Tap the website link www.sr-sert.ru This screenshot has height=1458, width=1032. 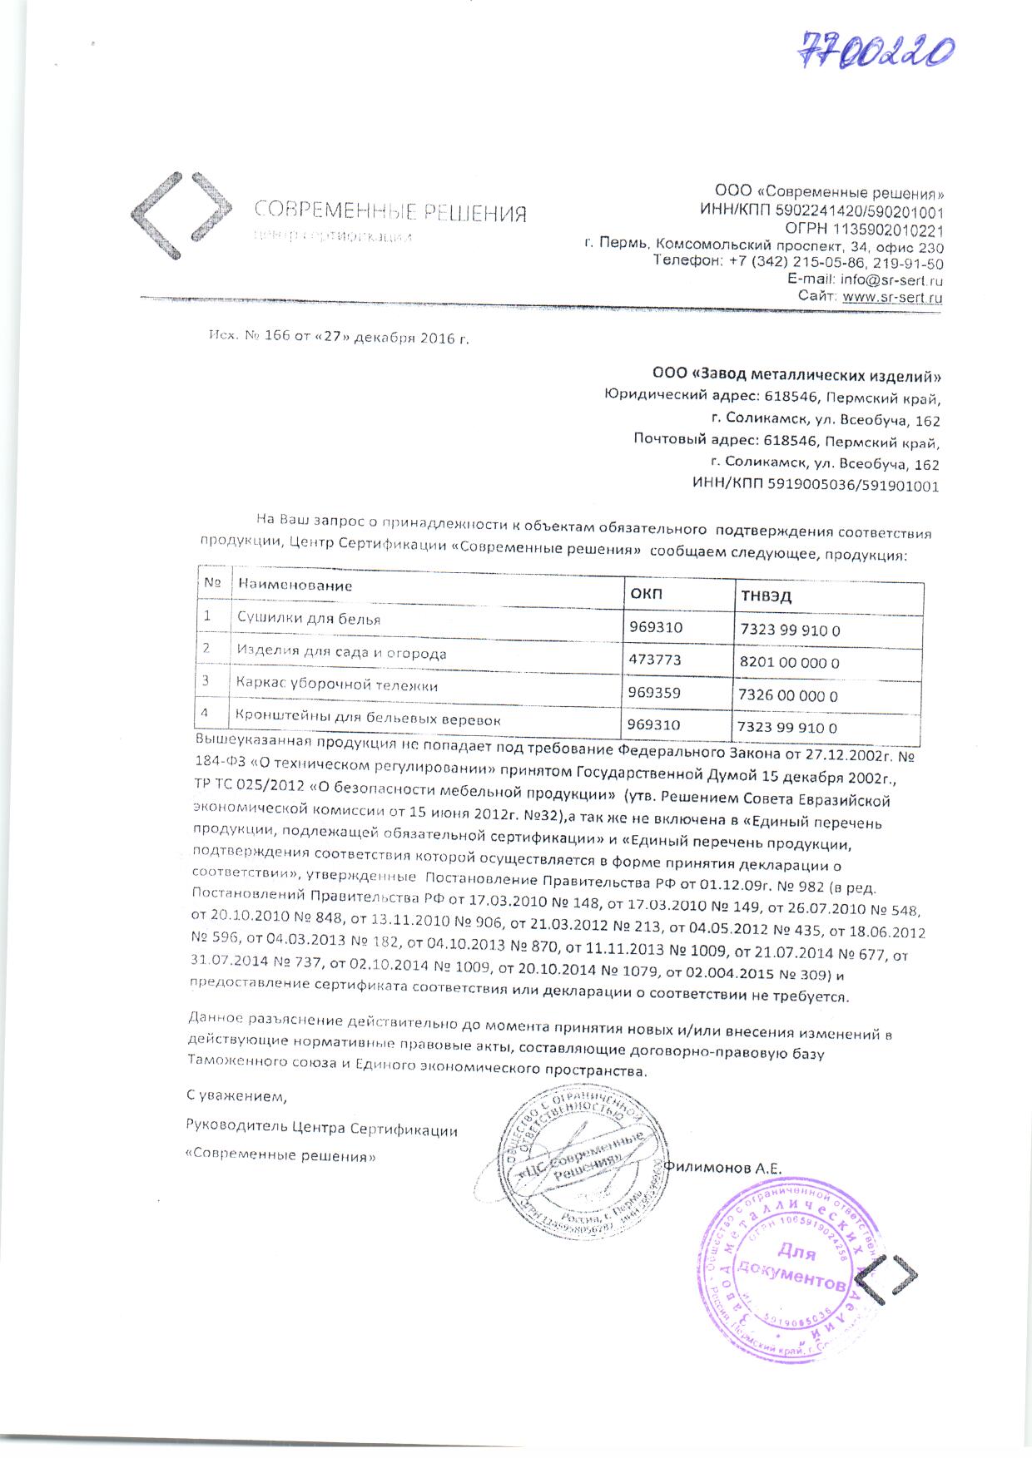(892, 296)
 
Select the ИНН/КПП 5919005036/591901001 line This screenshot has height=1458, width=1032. (816, 487)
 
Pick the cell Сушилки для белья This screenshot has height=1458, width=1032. (309, 618)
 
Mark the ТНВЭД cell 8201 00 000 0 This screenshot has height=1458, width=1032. (789, 663)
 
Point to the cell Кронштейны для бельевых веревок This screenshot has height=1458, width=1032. (368, 717)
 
